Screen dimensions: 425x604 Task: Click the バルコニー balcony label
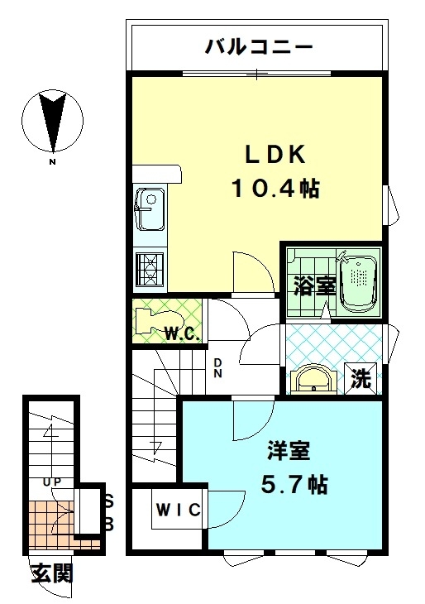[258, 47]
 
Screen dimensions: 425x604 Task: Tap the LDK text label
[275, 155]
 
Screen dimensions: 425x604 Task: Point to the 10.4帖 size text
[275, 189]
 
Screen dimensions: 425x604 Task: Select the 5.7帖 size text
[294, 485]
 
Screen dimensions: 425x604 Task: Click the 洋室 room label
[289, 451]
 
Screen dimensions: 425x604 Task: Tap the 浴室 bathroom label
[314, 285]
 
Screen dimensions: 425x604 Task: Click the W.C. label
[182, 333]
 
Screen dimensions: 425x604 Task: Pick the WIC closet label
[179, 510]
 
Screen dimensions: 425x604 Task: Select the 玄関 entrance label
[52, 573]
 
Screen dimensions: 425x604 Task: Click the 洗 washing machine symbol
[361, 379]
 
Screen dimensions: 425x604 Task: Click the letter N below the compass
[52, 162]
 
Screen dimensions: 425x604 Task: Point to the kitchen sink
[150, 209]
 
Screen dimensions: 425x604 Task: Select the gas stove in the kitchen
[150, 268]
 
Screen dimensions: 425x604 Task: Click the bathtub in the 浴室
[358, 285]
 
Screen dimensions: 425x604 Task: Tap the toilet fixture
[159, 322]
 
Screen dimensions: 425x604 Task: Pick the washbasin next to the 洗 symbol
[313, 381]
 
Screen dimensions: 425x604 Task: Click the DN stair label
[218, 367]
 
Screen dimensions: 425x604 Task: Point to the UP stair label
[52, 481]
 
